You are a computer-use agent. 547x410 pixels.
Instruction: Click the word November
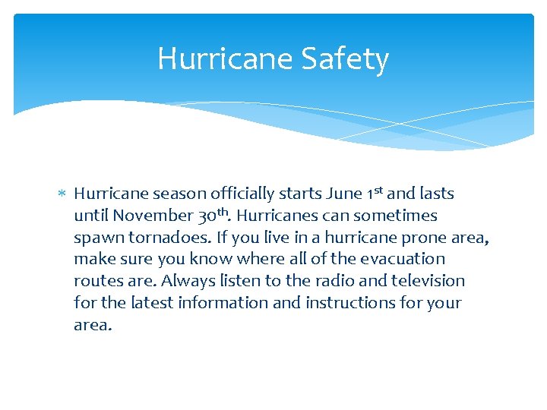tap(153, 216)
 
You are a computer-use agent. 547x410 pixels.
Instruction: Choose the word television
tap(428, 281)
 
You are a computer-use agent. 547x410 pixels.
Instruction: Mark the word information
tap(239, 303)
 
